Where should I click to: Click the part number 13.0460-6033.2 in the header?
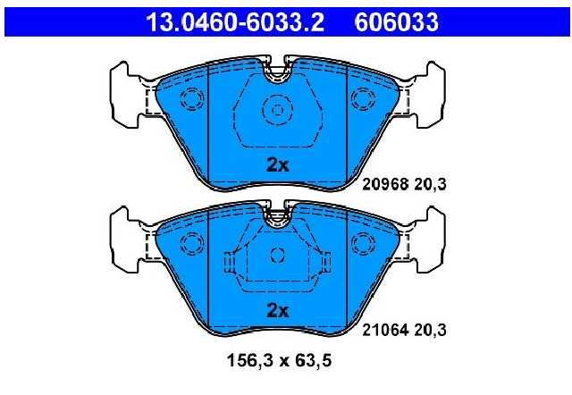(x=235, y=21)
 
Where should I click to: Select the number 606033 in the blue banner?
(x=397, y=21)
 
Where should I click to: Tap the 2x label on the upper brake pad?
(x=278, y=165)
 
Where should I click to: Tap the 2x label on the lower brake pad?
(x=278, y=311)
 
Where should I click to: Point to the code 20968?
(x=384, y=184)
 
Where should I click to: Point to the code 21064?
(x=384, y=330)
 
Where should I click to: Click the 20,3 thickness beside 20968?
(x=430, y=185)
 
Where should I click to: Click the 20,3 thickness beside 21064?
(x=430, y=331)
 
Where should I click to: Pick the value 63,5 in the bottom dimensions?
(x=314, y=361)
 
